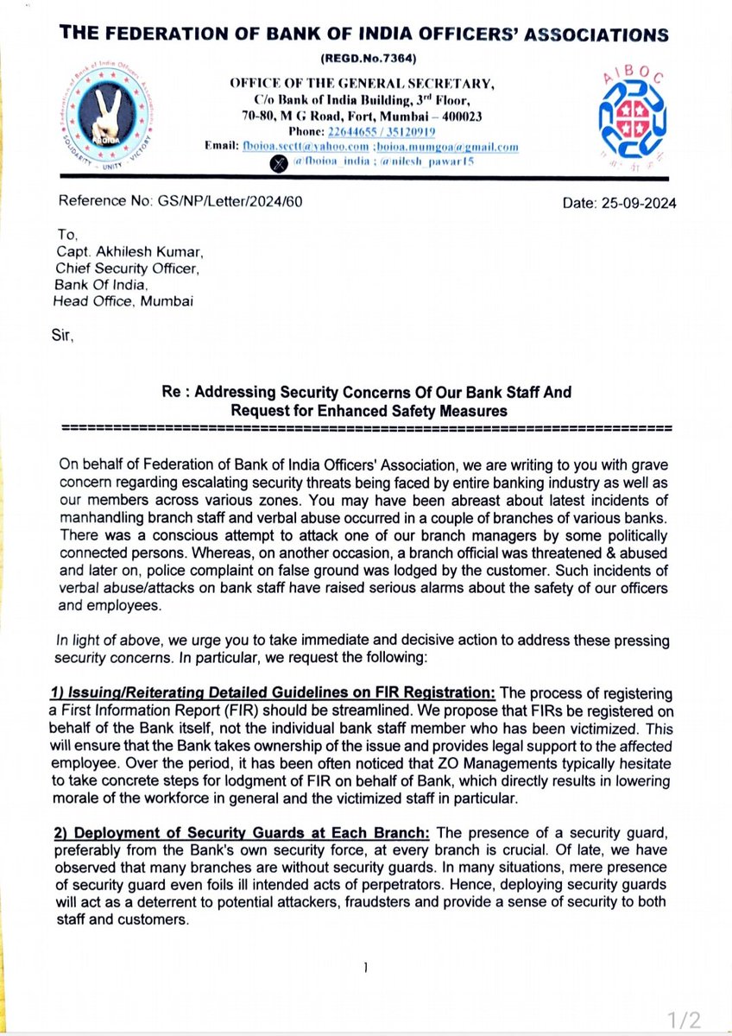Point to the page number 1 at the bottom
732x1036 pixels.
(366, 968)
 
